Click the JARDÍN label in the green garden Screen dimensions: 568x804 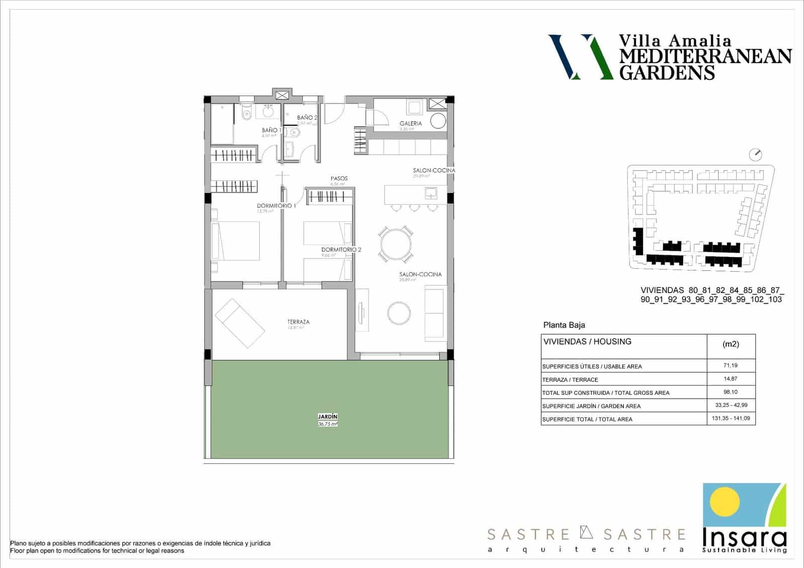point(327,417)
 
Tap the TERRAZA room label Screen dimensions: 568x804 point(298,322)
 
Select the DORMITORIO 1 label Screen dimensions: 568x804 point(276,206)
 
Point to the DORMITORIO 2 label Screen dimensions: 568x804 point(341,249)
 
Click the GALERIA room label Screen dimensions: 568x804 point(411,123)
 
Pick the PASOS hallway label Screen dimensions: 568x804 point(339,178)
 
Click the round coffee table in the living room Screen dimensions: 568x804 point(399,313)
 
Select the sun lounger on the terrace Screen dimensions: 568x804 point(240,323)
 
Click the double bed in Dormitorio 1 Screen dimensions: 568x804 point(236,241)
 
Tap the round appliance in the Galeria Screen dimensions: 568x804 point(438,122)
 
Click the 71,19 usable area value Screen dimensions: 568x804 point(731,365)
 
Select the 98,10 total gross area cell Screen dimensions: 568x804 point(731,392)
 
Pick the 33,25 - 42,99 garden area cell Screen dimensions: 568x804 point(731,405)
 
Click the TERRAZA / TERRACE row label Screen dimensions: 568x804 point(570,380)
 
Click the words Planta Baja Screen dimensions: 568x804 point(564,325)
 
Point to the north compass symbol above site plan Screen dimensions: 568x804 point(755,154)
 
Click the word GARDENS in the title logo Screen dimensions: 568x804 point(667,72)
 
